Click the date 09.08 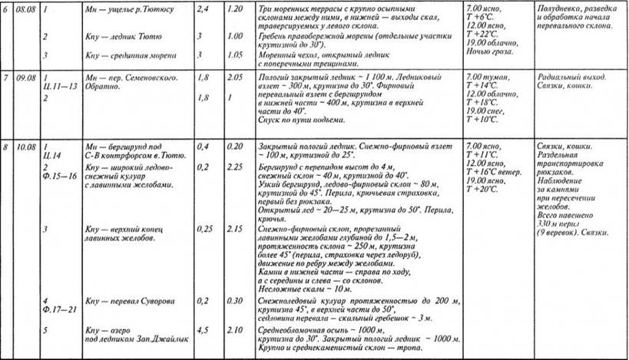click(x=26, y=78)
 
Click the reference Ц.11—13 click(x=58, y=88)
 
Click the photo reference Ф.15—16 click(x=58, y=176)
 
